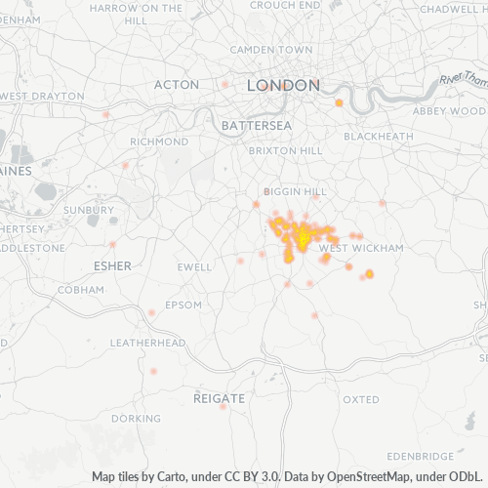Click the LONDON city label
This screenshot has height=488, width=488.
283,86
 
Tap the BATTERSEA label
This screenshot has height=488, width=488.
257,126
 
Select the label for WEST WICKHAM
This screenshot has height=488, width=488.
361,249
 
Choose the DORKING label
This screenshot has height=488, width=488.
136,419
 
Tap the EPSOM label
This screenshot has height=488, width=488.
183,305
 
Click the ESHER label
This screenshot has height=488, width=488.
111,265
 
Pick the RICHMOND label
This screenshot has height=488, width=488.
158,142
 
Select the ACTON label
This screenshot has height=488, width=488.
177,85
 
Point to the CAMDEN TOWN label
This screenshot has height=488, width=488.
271,49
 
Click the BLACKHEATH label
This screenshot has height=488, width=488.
379,137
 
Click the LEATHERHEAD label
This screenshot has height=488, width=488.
147,344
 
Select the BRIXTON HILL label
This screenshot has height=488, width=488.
286,152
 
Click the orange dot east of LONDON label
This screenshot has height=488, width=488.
339,102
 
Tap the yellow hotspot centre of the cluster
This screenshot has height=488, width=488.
304,237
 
